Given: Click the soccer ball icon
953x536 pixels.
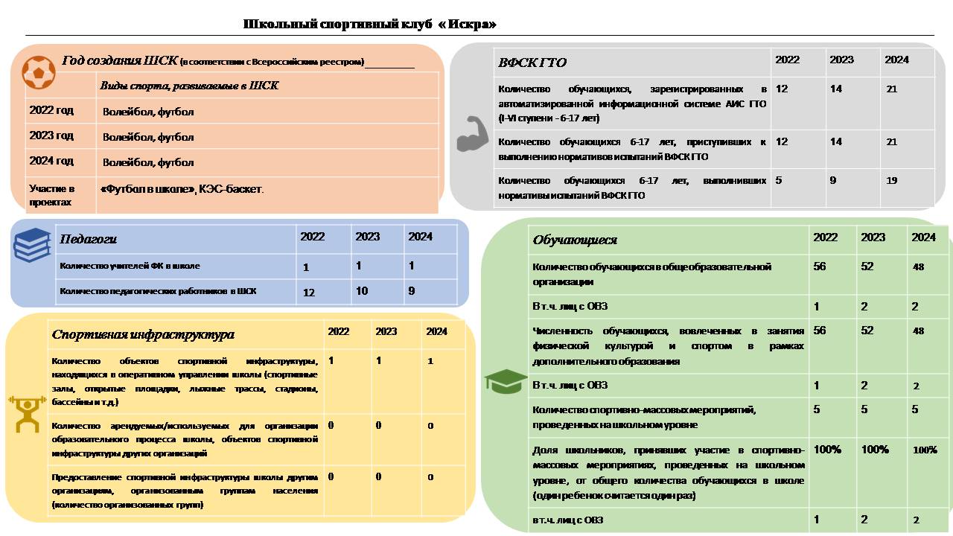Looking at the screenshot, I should [x=38, y=71].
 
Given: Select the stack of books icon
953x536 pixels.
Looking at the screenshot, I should [x=32, y=245].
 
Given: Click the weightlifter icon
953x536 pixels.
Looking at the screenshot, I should [x=27, y=414].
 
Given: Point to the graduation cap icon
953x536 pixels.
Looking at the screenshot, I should [x=506, y=380].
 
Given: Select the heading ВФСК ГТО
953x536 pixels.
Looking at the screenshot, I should [x=532, y=63].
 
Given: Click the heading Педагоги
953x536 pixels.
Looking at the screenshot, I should [x=88, y=239].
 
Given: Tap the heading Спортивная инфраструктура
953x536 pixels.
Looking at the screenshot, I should [x=143, y=335].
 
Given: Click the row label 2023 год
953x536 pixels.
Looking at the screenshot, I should [x=51, y=136].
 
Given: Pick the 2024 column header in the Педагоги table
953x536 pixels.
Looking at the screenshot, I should [x=420, y=237].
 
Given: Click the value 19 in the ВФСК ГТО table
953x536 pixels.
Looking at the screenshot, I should [x=892, y=180].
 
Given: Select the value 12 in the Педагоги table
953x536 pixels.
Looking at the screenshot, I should [x=309, y=293].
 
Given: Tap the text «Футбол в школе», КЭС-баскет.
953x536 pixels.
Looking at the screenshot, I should [x=182, y=189].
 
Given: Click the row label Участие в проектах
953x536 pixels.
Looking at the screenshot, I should [x=51, y=195].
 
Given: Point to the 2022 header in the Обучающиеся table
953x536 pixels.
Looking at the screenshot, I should [x=825, y=237].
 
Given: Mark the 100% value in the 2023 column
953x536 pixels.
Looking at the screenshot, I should [x=875, y=450].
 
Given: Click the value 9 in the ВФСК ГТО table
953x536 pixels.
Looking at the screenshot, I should [x=833, y=180].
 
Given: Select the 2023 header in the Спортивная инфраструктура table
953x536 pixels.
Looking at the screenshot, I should [x=386, y=331].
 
